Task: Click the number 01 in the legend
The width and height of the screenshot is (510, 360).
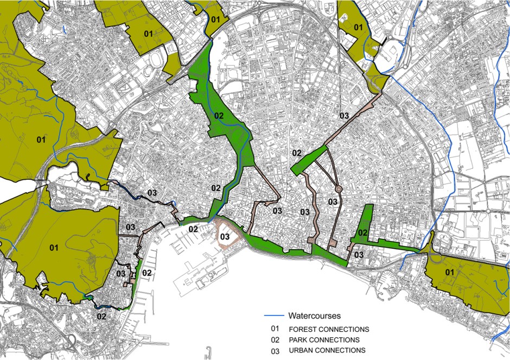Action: point(276,329)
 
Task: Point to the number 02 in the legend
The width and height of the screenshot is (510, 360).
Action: point(276,340)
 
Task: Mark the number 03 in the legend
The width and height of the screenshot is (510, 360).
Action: point(276,350)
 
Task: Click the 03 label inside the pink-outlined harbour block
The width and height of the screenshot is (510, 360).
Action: point(225,237)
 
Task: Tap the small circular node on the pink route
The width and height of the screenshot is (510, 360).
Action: point(338,189)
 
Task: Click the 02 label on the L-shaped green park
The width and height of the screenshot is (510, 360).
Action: point(363,233)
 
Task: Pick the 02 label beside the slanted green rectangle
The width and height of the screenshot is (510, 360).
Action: point(297,153)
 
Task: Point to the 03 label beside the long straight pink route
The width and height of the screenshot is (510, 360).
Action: point(344,116)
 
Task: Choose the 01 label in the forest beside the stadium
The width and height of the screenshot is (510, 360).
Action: point(148,34)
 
